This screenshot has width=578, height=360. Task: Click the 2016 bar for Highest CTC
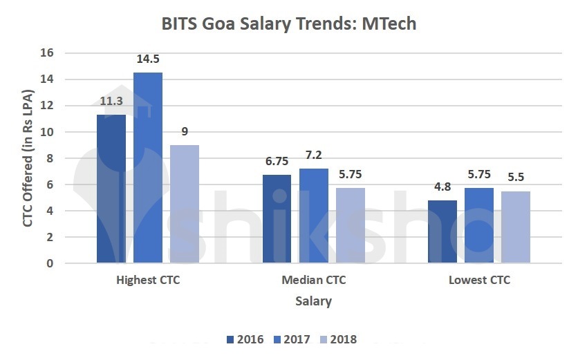[111, 189]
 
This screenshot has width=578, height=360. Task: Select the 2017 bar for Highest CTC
[148, 168]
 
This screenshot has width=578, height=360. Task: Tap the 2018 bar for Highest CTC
[185, 204]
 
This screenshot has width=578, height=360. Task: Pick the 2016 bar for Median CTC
[277, 219]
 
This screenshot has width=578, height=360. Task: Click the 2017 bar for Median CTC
[313, 216]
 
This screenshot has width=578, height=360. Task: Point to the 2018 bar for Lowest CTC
[516, 227]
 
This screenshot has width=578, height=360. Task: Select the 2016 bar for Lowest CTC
[442, 231]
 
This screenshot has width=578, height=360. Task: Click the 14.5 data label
[148, 59]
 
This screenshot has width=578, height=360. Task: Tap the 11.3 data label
[111, 101]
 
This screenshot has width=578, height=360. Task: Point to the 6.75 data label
[277, 161]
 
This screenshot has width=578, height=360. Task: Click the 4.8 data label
[442, 187]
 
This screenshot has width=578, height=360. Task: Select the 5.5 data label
[516, 178]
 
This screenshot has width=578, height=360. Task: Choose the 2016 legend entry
[246, 339]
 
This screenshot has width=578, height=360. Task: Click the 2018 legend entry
[339, 339]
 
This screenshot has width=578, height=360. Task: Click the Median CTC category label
[313, 281]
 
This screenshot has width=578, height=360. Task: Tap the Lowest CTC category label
[479, 281]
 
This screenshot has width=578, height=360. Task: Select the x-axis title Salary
[313, 301]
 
